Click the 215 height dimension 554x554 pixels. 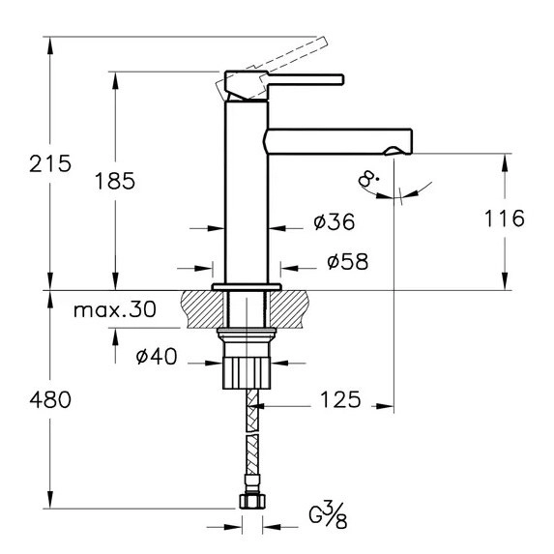click(x=50, y=163)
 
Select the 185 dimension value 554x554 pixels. click(x=115, y=181)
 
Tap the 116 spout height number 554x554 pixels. click(x=504, y=219)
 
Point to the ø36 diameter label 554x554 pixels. click(x=335, y=221)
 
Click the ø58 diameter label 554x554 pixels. click(x=348, y=261)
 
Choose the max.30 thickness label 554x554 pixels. click(x=115, y=309)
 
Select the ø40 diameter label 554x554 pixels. click(x=157, y=356)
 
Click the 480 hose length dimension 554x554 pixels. click(x=50, y=400)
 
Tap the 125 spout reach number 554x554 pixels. click(x=340, y=399)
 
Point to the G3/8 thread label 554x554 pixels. click(x=328, y=516)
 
